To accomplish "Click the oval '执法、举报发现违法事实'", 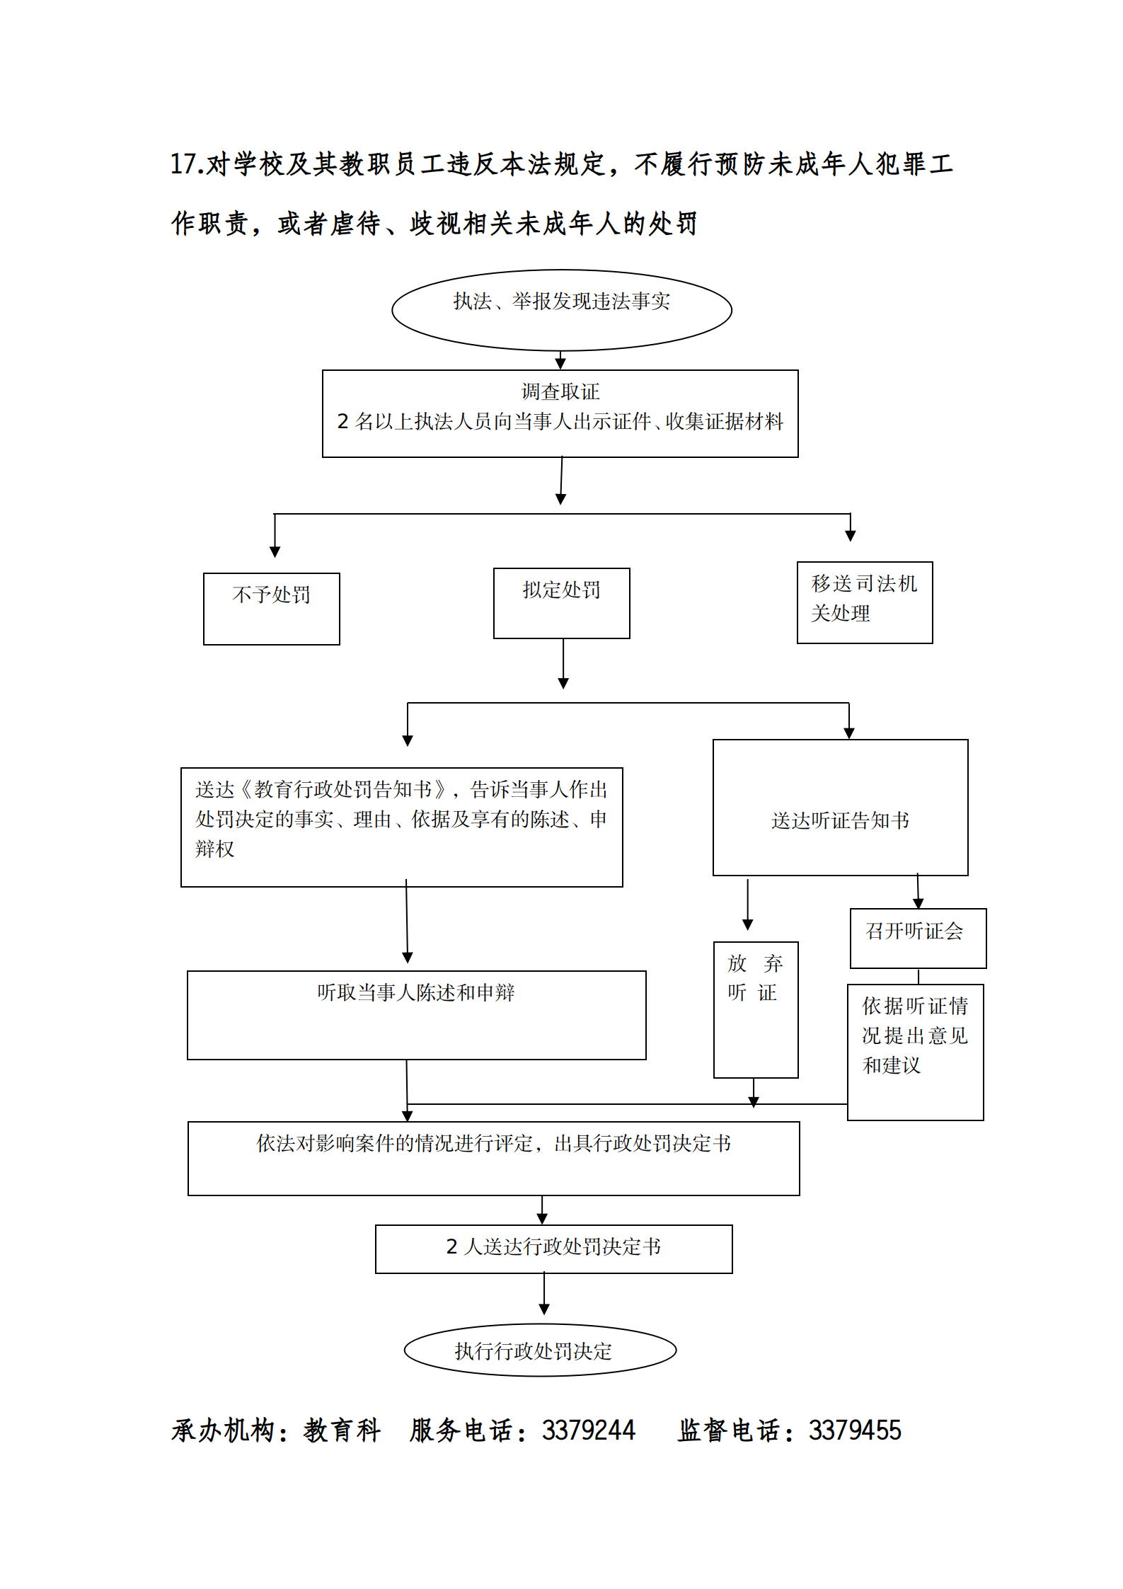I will coord(561,309).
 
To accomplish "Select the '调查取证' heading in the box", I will coord(560,391).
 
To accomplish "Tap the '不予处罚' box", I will coord(271,608).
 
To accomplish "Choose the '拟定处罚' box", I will coord(561,602).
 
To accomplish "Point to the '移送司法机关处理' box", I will coord(864,602).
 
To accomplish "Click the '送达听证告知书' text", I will coord(840,820).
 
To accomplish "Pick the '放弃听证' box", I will coord(755,1009).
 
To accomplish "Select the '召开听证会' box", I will coord(917,937).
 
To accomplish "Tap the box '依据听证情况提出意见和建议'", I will coord(915,1051).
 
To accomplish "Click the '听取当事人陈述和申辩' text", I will coord(415,992).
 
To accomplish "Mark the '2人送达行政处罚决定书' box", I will coord(553,1249).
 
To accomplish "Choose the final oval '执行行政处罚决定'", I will coord(540,1350).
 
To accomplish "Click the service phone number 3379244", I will coord(588,1430).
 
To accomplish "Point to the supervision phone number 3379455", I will coord(855,1430).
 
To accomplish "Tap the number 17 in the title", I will coord(183,164).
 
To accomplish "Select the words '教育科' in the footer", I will coord(342,1430).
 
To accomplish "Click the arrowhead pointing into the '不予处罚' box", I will coord(275,551).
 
